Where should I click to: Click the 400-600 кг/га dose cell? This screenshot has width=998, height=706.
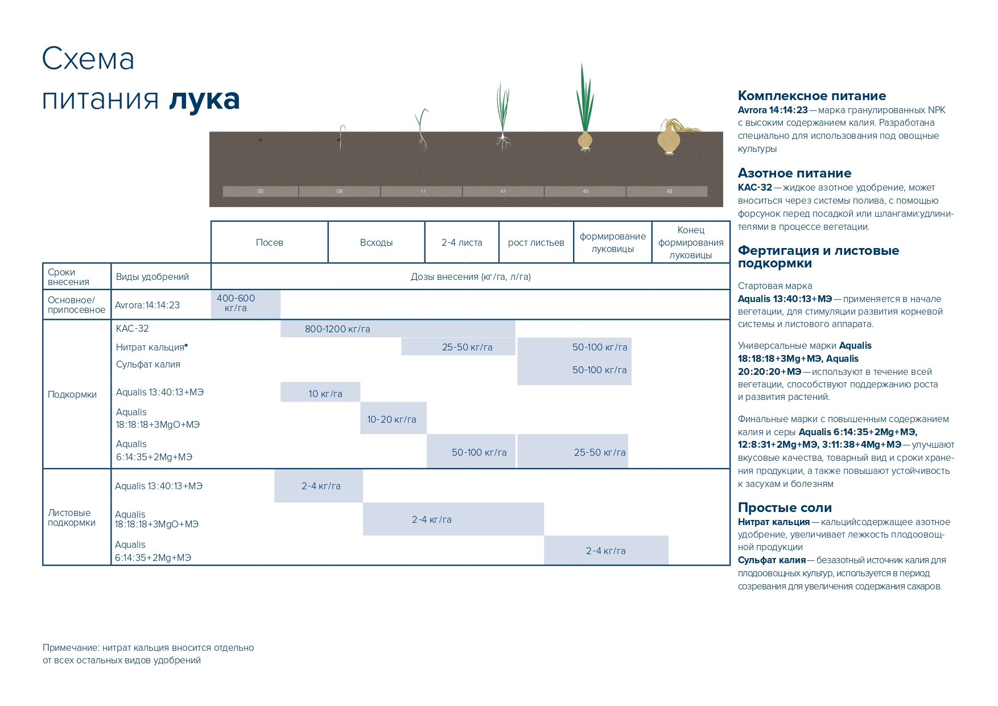[245, 304]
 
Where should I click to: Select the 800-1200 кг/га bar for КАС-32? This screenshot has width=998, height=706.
[398, 329]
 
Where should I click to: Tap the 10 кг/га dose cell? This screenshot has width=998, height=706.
[320, 393]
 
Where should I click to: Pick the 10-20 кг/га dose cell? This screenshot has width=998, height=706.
[393, 419]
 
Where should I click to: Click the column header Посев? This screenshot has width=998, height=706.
[269, 242]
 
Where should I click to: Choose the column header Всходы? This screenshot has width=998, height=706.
[376, 242]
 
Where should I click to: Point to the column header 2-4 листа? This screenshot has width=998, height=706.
[461, 242]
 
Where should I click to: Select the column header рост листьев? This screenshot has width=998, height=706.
[536, 242]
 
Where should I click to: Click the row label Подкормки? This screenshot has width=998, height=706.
[72, 394]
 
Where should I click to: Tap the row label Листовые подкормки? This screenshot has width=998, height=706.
[72, 518]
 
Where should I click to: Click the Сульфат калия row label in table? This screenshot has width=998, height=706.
[148, 364]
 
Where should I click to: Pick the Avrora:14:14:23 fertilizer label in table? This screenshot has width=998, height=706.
[147, 305]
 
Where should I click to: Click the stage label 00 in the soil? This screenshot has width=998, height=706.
[261, 191]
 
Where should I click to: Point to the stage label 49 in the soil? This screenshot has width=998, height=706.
[669, 191]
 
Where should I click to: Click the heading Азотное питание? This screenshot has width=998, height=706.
[794, 173]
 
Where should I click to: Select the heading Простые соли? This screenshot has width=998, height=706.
[785, 507]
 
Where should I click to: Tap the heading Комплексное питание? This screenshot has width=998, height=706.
[812, 96]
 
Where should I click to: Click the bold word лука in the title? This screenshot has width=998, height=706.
[204, 100]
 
